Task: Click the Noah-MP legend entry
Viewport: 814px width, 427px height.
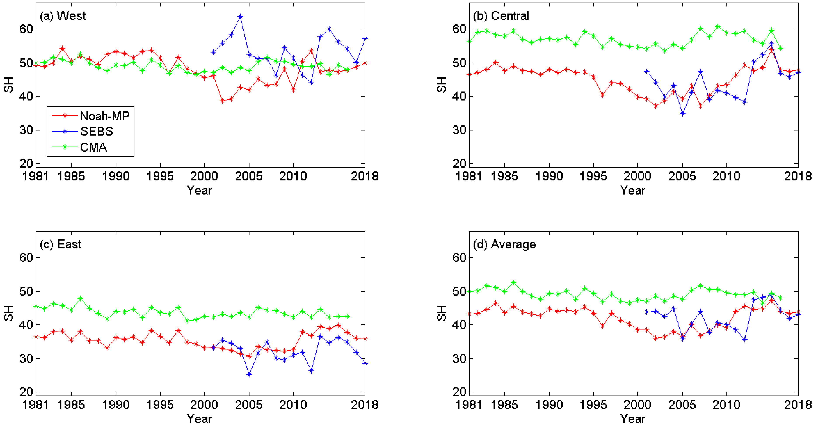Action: (x=104, y=116)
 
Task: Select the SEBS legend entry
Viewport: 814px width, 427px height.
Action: (x=96, y=131)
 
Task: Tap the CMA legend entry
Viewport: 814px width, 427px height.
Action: (x=93, y=147)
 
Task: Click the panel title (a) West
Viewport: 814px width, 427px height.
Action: (x=62, y=16)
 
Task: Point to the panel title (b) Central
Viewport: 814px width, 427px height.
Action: (x=501, y=16)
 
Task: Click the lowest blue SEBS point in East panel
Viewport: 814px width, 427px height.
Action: (x=249, y=375)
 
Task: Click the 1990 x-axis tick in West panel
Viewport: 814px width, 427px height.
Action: (x=116, y=176)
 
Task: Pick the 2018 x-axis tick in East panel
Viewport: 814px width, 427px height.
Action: (x=365, y=405)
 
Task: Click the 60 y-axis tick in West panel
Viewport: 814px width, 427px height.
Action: (x=26, y=29)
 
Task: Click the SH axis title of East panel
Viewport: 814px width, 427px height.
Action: (x=9, y=313)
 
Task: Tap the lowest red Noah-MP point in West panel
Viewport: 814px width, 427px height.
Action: (x=222, y=101)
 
